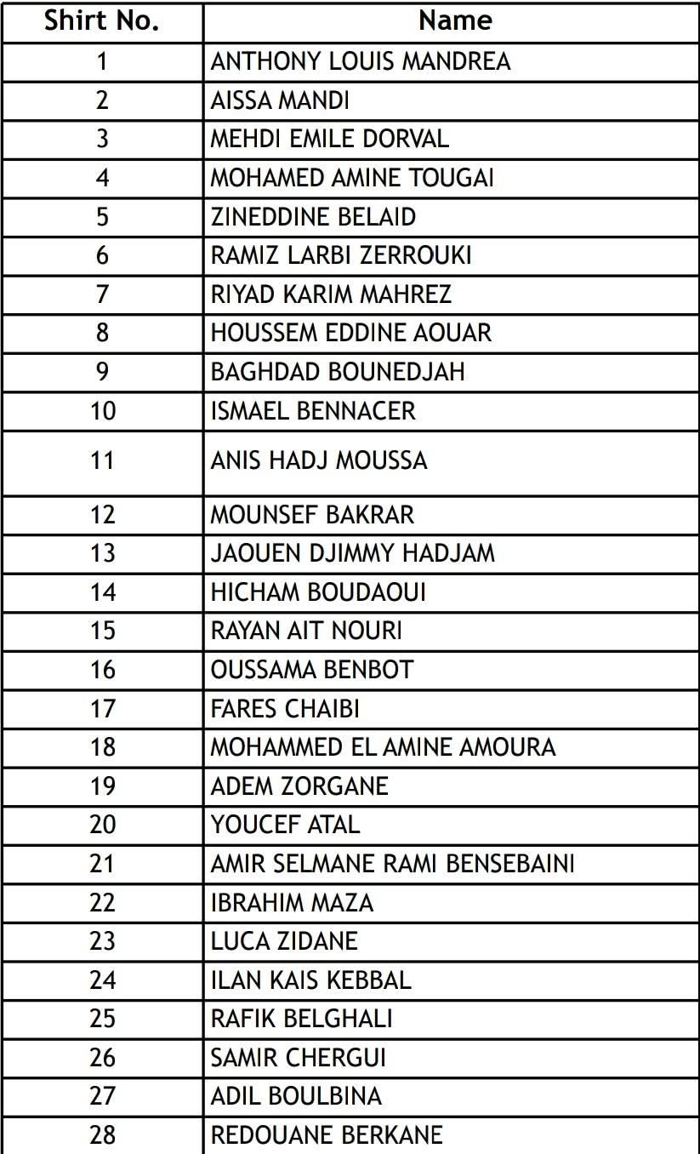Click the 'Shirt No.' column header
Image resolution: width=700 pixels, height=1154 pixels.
click(102, 21)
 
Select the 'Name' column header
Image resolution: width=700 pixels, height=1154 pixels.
click(455, 21)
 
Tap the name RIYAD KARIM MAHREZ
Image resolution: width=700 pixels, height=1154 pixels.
click(331, 294)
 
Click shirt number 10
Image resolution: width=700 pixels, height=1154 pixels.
click(102, 411)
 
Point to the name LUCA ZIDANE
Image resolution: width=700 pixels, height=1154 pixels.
click(284, 941)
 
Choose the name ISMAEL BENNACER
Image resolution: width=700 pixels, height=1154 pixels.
click(313, 411)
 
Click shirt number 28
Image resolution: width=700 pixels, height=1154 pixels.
click(102, 1134)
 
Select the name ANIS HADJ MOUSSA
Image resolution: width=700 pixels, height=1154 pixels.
click(319, 460)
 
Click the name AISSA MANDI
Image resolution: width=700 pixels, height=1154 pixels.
click(280, 100)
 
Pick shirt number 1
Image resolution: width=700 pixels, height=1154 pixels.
click(102, 61)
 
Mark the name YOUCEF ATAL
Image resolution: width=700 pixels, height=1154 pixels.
click(285, 825)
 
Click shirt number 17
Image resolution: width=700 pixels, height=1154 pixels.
click(102, 708)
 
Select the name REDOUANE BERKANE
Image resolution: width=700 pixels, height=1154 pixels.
click(327, 1134)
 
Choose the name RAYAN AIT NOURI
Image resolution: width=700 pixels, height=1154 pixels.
click(306, 631)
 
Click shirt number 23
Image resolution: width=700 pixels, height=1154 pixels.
click(102, 941)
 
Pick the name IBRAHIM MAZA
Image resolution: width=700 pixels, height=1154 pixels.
click(292, 902)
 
